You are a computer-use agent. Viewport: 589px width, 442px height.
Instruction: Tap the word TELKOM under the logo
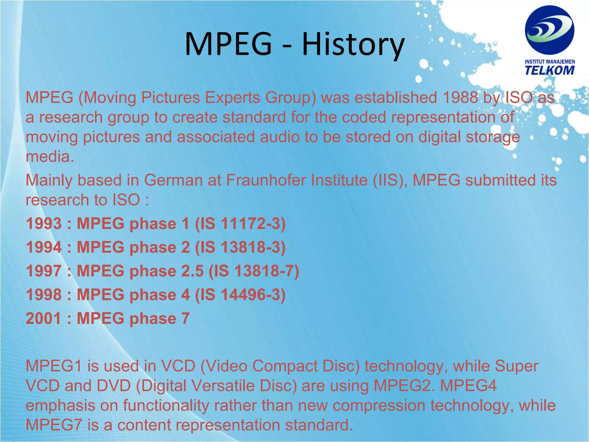tap(549, 70)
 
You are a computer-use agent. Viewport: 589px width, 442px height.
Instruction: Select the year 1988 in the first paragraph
tap(460, 98)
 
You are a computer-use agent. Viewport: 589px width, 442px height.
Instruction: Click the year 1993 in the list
tap(44, 224)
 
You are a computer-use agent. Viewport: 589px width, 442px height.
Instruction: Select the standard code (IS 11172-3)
tap(240, 224)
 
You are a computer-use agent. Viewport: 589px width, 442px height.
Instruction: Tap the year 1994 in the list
tap(44, 247)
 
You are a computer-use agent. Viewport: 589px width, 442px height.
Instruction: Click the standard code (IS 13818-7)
tap(254, 271)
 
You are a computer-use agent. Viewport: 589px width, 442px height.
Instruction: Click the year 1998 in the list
tap(44, 295)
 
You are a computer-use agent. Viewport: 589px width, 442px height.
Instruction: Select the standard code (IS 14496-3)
tap(240, 295)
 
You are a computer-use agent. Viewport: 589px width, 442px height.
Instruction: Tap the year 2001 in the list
tap(44, 318)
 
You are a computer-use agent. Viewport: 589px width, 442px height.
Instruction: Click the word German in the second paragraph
tap(173, 180)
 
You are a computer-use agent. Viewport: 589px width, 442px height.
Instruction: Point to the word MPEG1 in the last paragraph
tap(54, 366)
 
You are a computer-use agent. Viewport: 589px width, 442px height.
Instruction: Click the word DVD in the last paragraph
tap(114, 386)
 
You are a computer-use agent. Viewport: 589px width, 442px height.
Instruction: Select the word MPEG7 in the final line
tap(54, 425)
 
